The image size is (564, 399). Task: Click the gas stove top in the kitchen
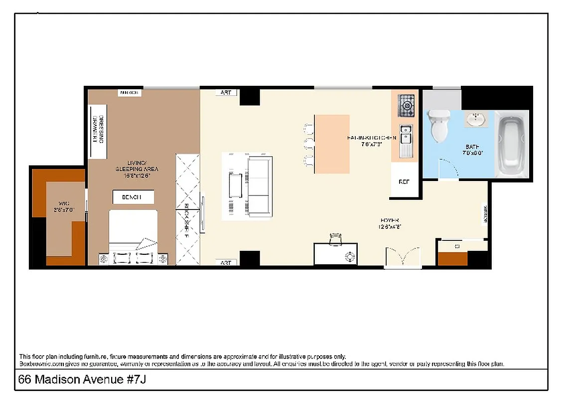click(407, 105)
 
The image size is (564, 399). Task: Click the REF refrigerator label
click(404, 182)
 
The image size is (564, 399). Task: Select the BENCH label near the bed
click(132, 198)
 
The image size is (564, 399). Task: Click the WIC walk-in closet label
click(64, 206)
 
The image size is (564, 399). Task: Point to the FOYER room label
click(390, 223)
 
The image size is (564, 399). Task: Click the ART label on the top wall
click(225, 93)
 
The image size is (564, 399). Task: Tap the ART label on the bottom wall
click(225, 262)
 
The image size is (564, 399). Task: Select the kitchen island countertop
click(332, 144)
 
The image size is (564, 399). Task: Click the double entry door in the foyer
click(403, 258)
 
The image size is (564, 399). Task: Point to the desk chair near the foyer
click(336, 239)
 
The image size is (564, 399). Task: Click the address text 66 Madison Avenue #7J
click(82, 380)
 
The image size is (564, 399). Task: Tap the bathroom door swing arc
click(451, 169)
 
